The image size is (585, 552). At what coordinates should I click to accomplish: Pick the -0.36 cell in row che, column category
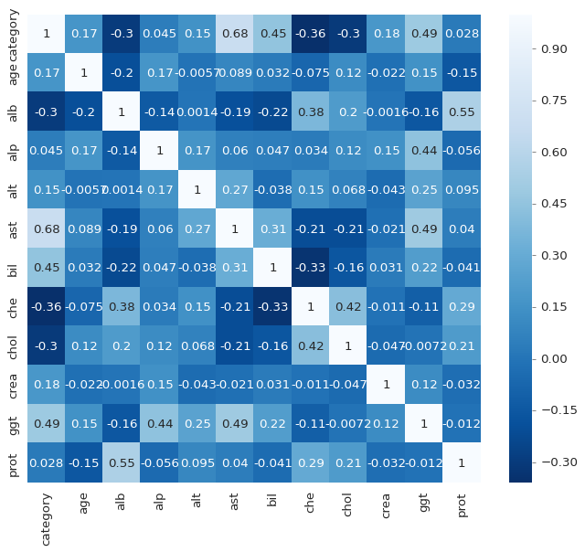tap(46, 307)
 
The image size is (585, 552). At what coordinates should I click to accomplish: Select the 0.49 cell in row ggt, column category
tap(46, 424)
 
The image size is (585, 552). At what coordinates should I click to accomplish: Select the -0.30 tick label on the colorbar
tap(553, 462)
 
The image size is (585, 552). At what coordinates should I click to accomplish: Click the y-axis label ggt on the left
tap(12, 424)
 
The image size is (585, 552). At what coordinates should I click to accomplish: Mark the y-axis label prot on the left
tap(12, 463)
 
